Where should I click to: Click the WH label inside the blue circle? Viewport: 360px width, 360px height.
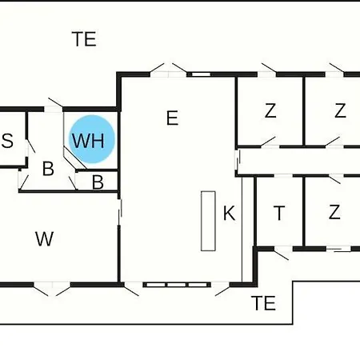[x=88, y=141]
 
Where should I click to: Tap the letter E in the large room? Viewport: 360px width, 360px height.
[x=172, y=118]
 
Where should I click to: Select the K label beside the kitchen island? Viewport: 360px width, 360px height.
[x=230, y=213]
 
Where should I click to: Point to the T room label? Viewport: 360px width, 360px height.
[x=279, y=213]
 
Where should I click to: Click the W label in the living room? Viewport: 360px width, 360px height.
[x=44, y=239]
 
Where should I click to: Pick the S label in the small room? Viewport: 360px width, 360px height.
[x=7, y=141]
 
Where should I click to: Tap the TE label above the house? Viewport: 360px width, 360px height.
[x=84, y=39]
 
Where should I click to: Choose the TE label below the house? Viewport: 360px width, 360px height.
[x=263, y=303]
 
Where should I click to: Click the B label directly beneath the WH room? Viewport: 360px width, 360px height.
[x=98, y=182]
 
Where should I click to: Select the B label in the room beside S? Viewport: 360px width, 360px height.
[x=48, y=169]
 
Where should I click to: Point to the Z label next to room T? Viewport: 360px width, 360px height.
[x=334, y=212]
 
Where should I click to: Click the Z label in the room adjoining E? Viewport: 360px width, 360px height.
[x=270, y=110]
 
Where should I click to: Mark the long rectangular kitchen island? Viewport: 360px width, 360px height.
[x=208, y=221]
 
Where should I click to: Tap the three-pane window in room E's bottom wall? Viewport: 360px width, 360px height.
[x=177, y=285]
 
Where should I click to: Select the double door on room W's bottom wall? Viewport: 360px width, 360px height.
[x=52, y=289]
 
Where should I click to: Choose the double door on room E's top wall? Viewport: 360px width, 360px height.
[x=168, y=70]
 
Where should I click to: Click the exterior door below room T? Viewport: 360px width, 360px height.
[x=282, y=253]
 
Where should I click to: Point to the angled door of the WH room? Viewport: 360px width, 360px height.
[x=75, y=158]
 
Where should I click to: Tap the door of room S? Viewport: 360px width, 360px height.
[x=30, y=146]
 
